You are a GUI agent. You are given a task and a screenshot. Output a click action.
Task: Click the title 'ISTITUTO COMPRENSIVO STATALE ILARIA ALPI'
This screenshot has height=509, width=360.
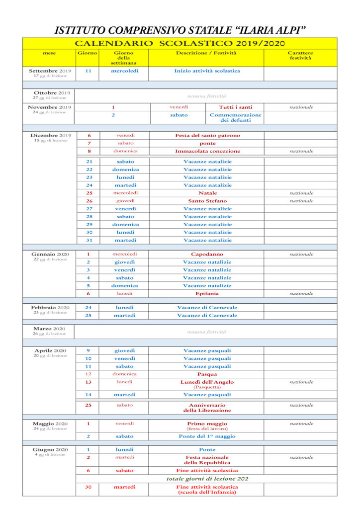pos(180,30)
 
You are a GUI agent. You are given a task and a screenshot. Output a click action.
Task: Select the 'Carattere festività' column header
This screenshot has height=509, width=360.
pos(300,55)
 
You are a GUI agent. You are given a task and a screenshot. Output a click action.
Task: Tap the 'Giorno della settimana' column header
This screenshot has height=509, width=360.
pos(123,58)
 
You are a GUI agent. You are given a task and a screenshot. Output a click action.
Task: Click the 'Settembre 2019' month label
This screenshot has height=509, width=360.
pos(50,71)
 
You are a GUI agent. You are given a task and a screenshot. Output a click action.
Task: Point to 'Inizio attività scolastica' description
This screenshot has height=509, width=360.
pos(207,71)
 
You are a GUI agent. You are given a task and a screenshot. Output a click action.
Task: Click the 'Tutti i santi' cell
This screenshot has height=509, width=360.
pos(235,107)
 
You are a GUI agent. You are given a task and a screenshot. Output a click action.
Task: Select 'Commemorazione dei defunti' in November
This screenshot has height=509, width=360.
pos(235,117)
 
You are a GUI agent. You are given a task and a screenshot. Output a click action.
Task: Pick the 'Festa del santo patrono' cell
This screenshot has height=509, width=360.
pos(207,135)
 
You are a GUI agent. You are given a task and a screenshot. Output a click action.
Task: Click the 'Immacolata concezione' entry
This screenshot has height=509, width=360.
pos(207,151)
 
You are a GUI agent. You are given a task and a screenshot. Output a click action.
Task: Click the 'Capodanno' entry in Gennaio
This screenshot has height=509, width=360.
pos(207,254)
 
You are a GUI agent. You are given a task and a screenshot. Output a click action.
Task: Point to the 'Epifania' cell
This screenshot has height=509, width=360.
pos(207,293)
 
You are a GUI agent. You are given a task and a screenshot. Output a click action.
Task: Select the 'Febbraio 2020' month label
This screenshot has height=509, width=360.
pos(50,308)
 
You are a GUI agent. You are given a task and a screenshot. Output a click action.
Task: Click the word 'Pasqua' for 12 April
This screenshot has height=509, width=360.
pos(207,374)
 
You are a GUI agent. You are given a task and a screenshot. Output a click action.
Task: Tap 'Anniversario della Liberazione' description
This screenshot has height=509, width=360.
pos(207,408)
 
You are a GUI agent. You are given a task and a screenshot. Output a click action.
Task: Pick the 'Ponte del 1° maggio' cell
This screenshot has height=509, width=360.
pos(207,436)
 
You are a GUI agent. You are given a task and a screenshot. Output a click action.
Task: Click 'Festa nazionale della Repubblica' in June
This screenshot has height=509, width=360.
pos(207,460)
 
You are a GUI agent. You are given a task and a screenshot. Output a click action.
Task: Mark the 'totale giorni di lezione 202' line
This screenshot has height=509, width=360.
pos(207,479)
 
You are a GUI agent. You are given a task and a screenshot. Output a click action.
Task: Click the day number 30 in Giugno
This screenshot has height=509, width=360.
pos(88,487)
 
